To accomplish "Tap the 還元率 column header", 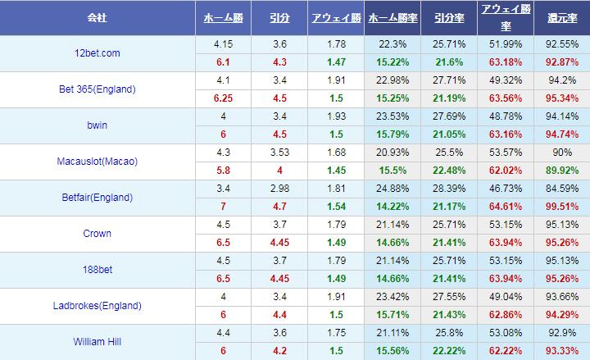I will (560, 17).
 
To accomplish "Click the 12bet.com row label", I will (98, 53).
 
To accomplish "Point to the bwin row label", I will (98, 125).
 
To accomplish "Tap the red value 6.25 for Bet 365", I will (220, 98).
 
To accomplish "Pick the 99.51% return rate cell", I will (560, 206).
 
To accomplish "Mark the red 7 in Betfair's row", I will (220, 206).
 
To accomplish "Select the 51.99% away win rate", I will (505, 43).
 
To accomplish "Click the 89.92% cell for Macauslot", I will (560, 170).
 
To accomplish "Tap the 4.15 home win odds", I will (220, 43).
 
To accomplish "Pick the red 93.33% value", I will (560, 350).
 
